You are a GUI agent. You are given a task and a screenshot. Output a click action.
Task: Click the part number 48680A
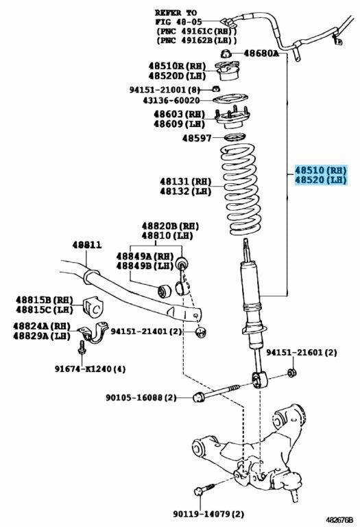click(x=261, y=53)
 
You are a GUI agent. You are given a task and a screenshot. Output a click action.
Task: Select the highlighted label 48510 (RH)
click(x=320, y=170)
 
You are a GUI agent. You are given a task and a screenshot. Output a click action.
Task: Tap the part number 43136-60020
click(x=171, y=100)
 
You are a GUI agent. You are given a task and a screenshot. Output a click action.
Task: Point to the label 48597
click(x=197, y=138)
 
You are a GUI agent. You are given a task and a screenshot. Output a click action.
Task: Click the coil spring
click(x=241, y=189)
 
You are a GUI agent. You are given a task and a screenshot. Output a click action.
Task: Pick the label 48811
click(x=86, y=245)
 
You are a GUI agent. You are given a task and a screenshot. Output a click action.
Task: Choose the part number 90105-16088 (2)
click(x=141, y=397)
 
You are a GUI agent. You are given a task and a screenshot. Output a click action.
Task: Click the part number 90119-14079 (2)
click(x=208, y=514)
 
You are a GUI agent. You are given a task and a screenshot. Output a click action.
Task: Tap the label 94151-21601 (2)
click(x=302, y=353)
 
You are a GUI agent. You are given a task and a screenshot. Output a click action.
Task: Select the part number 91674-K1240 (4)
click(x=90, y=369)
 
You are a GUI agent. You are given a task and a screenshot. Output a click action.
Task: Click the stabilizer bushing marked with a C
click(x=93, y=307)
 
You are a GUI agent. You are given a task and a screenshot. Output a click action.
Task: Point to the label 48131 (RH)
click(x=185, y=182)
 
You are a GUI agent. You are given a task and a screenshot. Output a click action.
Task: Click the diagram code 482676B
click(x=339, y=519)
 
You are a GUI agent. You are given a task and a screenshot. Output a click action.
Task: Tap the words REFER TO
click(x=176, y=13)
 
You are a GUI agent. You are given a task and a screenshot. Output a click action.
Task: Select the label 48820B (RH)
click(x=170, y=226)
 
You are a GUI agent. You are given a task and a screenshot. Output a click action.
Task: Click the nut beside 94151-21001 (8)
click(x=216, y=89)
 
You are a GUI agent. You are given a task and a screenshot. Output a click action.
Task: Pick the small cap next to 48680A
click(x=226, y=54)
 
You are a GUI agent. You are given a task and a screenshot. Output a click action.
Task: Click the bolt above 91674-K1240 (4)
click(x=82, y=349)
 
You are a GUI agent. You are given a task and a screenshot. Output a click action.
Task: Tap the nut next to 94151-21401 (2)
click(x=201, y=332)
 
